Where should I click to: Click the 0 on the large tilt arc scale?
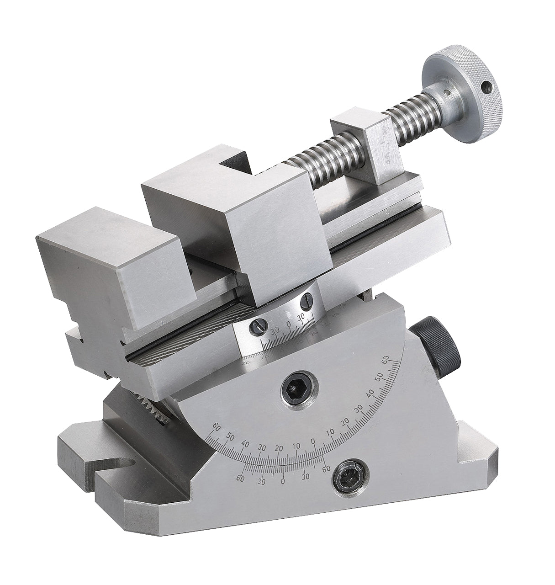click(x=313, y=441)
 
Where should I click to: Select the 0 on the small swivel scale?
click(x=288, y=325)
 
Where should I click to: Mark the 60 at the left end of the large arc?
click(x=217, y=427)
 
